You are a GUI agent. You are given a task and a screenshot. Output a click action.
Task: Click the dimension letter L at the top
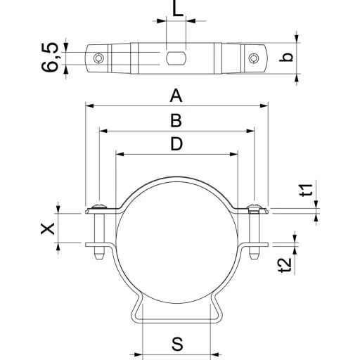[178, 9]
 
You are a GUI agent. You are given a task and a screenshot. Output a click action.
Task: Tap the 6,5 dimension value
[49, 57]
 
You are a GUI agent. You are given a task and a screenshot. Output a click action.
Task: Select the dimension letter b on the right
[286, 57]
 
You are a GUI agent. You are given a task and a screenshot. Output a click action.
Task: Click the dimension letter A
[176, 96]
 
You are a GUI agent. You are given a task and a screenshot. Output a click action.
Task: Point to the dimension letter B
[176, 120]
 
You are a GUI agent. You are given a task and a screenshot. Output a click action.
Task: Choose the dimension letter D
[176, 143]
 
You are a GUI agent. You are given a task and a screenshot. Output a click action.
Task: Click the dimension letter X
[48, 229]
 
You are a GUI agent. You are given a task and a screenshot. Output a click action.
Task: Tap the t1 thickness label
[307, 190]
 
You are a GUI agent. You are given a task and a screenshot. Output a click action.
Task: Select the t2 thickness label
[285, 266]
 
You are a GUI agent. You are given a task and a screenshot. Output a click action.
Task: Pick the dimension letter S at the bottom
[177, 344]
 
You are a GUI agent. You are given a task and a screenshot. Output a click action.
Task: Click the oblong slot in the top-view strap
[176, 58]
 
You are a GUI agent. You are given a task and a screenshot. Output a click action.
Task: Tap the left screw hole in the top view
[98, 58]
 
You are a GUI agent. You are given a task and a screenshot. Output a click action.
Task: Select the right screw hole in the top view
[253, 58]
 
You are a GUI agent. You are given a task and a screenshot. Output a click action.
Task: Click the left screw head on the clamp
[99, 206]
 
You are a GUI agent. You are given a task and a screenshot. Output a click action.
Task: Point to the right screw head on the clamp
[254, 206]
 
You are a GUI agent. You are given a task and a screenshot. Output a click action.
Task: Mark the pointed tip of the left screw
[99, 259]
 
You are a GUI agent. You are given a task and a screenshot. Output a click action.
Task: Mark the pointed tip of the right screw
[254, 259]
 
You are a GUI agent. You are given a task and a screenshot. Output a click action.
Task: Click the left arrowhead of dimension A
[89, 106]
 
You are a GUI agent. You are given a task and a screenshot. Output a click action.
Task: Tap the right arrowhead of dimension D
[234, 154]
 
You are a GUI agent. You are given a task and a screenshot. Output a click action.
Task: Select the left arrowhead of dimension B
[103, 131]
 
